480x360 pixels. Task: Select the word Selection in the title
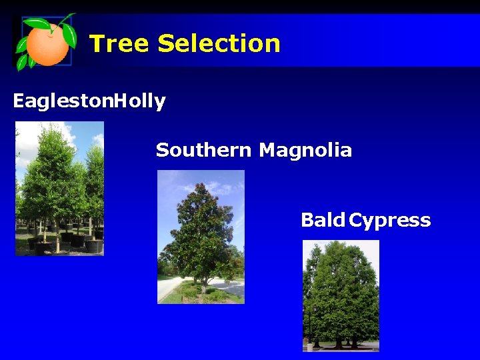[219, 44]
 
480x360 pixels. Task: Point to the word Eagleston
[63, 102]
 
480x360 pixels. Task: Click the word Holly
[140, 102]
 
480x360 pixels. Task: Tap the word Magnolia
[305, 151]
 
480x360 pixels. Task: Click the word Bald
[323, 220]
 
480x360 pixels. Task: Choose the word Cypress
[390, 220]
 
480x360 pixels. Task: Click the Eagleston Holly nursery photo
[59, 188]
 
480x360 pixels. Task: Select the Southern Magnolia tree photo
[201, 237]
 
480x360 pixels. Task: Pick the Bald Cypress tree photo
[341, 295]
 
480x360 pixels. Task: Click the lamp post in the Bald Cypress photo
[309, 327]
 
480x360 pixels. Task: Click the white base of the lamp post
[309, 346]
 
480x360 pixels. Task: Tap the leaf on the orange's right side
[69, 35]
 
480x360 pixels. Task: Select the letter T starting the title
[97, 44]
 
